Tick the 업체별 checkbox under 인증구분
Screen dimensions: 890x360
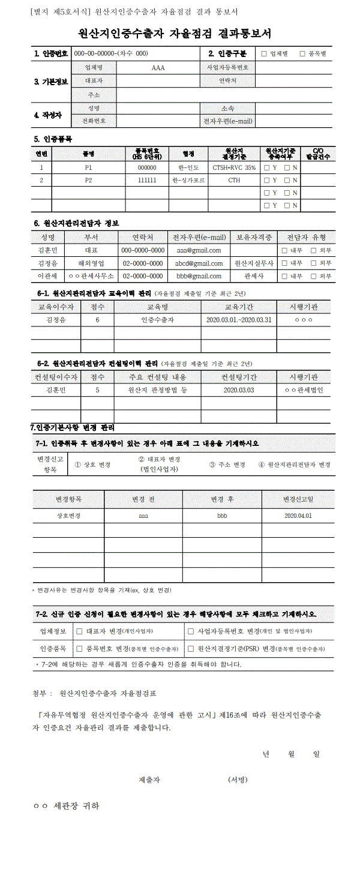point(264,54)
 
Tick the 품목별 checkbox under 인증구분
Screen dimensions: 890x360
point(302,54)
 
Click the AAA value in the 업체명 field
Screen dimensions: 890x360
point(158,68)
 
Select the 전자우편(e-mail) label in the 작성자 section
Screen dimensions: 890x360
point(228,121)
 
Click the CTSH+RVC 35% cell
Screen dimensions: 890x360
point(234,168)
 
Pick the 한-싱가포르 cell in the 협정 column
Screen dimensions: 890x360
point(188,180)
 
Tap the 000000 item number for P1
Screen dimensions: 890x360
point(147,168)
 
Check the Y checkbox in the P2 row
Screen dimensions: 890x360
point(267,180)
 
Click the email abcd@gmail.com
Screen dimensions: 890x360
point(199,263)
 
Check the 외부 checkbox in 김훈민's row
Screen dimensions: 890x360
point(313,250)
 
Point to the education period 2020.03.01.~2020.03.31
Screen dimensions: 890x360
point(238,320)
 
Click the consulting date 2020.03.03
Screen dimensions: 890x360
point(238,390)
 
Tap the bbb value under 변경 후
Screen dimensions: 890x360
point(222,516)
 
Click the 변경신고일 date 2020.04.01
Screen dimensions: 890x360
point(298,516)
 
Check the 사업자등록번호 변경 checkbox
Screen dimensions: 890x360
point(191,631)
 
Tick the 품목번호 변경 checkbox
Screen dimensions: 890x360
point(79,649)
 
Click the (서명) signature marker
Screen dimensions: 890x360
point(238,780)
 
